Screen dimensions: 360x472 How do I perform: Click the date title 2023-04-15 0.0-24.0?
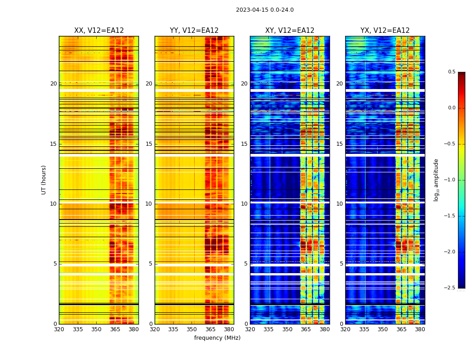pos(265,10)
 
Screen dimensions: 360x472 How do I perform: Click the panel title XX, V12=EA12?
pos(99,31)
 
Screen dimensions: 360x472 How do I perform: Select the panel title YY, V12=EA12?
pos(194,31)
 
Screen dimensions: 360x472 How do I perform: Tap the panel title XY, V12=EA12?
pos(289,31)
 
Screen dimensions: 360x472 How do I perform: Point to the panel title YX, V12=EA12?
pos(385,31)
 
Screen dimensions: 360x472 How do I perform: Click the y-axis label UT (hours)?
pos(44,180)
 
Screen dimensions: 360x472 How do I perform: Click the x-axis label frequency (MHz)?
pos(217,338)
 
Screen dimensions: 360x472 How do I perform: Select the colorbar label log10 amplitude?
pos(436,180)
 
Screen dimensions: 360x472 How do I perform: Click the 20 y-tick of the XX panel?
pos(53,84)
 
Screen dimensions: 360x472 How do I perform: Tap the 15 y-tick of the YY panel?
pos(149,144)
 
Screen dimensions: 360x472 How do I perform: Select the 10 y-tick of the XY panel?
pos(244,204)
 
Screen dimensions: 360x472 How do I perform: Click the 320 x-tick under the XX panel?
pos(59,329)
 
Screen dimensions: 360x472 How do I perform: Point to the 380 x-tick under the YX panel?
pos(420,329)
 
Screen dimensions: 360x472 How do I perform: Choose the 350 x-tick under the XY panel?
pos(287,329)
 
